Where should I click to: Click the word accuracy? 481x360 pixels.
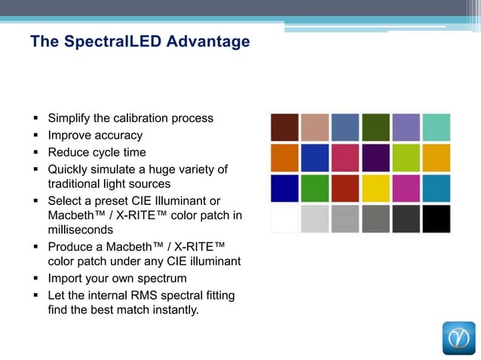coord(118,136)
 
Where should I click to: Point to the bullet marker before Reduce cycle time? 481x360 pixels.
coord(36,153)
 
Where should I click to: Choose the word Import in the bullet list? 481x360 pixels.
coord(66,279)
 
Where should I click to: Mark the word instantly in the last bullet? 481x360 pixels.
coord(174,310)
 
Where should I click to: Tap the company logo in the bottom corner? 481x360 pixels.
coord(458,337)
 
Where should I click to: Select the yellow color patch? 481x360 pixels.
coord(375,188)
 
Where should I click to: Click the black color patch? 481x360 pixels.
coord(437,218)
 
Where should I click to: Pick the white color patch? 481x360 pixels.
coord(284,218)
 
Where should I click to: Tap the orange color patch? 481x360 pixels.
coord(284,157)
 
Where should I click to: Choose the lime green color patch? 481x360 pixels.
coord(406,157)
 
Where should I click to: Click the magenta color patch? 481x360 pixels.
coord(406,188)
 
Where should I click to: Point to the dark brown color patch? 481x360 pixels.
coord(284,127)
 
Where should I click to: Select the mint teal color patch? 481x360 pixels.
coord(437,127)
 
